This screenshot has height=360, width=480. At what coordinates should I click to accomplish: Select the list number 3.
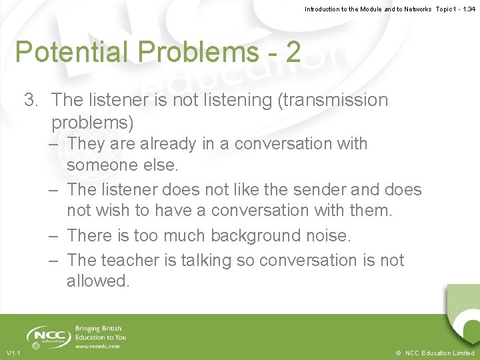[x=30, y=100]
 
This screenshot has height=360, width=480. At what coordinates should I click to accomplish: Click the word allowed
[x=97, y=281]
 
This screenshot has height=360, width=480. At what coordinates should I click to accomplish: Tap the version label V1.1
[x=13, y=353]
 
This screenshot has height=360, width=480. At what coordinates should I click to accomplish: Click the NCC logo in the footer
[x=46, y=336]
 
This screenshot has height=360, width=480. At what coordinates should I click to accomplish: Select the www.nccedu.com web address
[x=97, y=347]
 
